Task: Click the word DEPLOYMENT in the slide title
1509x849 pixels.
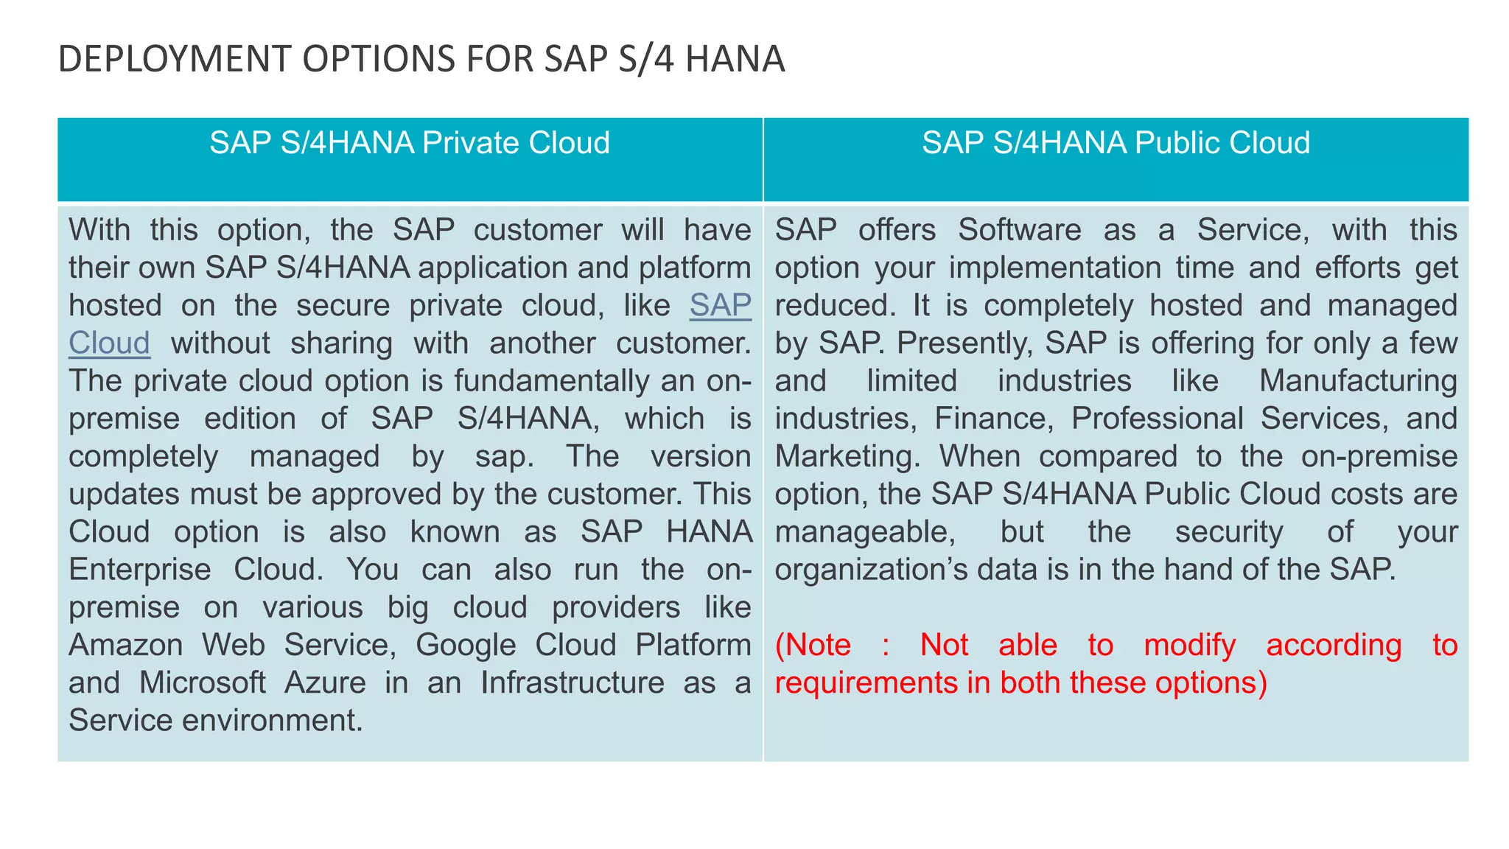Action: [x=175, y=60]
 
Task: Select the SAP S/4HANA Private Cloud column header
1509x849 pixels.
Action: [x=410, y=143]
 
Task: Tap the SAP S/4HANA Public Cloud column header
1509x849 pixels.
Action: [x=1116, y=143]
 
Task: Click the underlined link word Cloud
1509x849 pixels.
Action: [x=109, y=343]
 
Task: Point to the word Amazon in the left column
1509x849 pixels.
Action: [x=125, y=645]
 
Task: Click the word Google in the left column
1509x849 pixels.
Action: [x=465, y=645]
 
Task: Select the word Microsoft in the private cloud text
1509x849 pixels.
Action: [x=202, y=682]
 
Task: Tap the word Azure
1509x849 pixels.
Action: [x=325, y=682]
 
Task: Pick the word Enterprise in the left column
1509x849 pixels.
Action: [x=139, y=570]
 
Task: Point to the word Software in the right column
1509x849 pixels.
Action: [x=1019, y=230]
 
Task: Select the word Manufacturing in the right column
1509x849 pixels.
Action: [x=1358, y=381]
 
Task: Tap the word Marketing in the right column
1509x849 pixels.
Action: [x=847, y=456]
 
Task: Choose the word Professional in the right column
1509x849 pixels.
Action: [x=1157, y=419]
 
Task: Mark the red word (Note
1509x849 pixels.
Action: [x=813, y=645]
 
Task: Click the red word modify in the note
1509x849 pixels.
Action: [x=1189, y=645]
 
